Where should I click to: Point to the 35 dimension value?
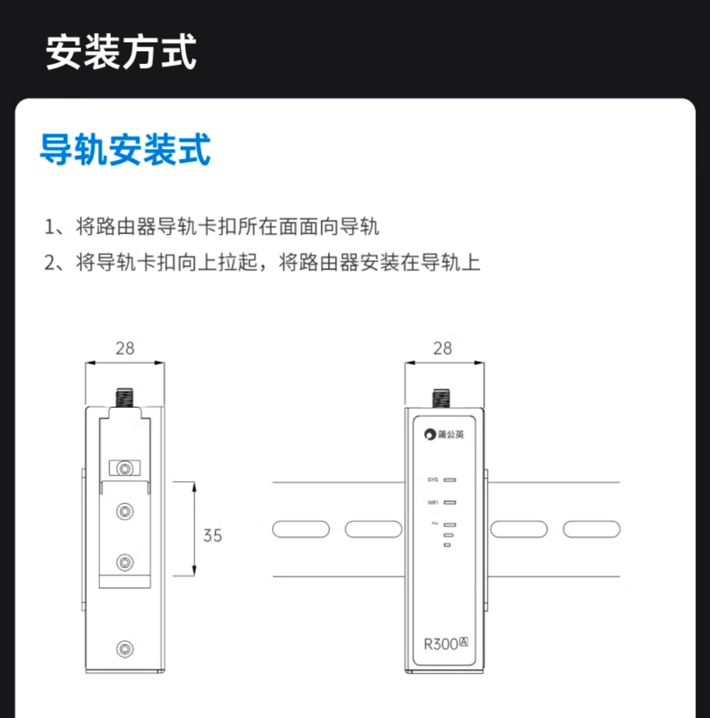pyautogui.click(x=212, y=536)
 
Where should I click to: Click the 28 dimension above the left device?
pyautogui.click(x=125, y=348)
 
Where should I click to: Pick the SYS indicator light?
pyautogui.click(x=450, y=480)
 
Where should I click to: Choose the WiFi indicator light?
pyautogui.click(x=450, y=502)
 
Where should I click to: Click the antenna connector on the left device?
pyautogui.click(x=125, y=398)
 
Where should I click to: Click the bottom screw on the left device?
pyautogui.click(x=125, y=649)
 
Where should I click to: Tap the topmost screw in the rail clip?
pyautogui.click(x=125, y=469)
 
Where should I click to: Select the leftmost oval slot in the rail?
pyautogui.click(x=301, y=529)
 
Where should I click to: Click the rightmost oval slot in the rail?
pyautogui.click(x=591, y=529)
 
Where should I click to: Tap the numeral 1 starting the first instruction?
pyautogui.click(x=49, y=227)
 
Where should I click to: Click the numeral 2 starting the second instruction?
pyautogui.click(x=49, y=263)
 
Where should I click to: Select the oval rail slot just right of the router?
pyautogui.click(x=518, y=529)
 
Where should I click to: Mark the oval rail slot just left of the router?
pyautogui.click(x=373, y=529)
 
